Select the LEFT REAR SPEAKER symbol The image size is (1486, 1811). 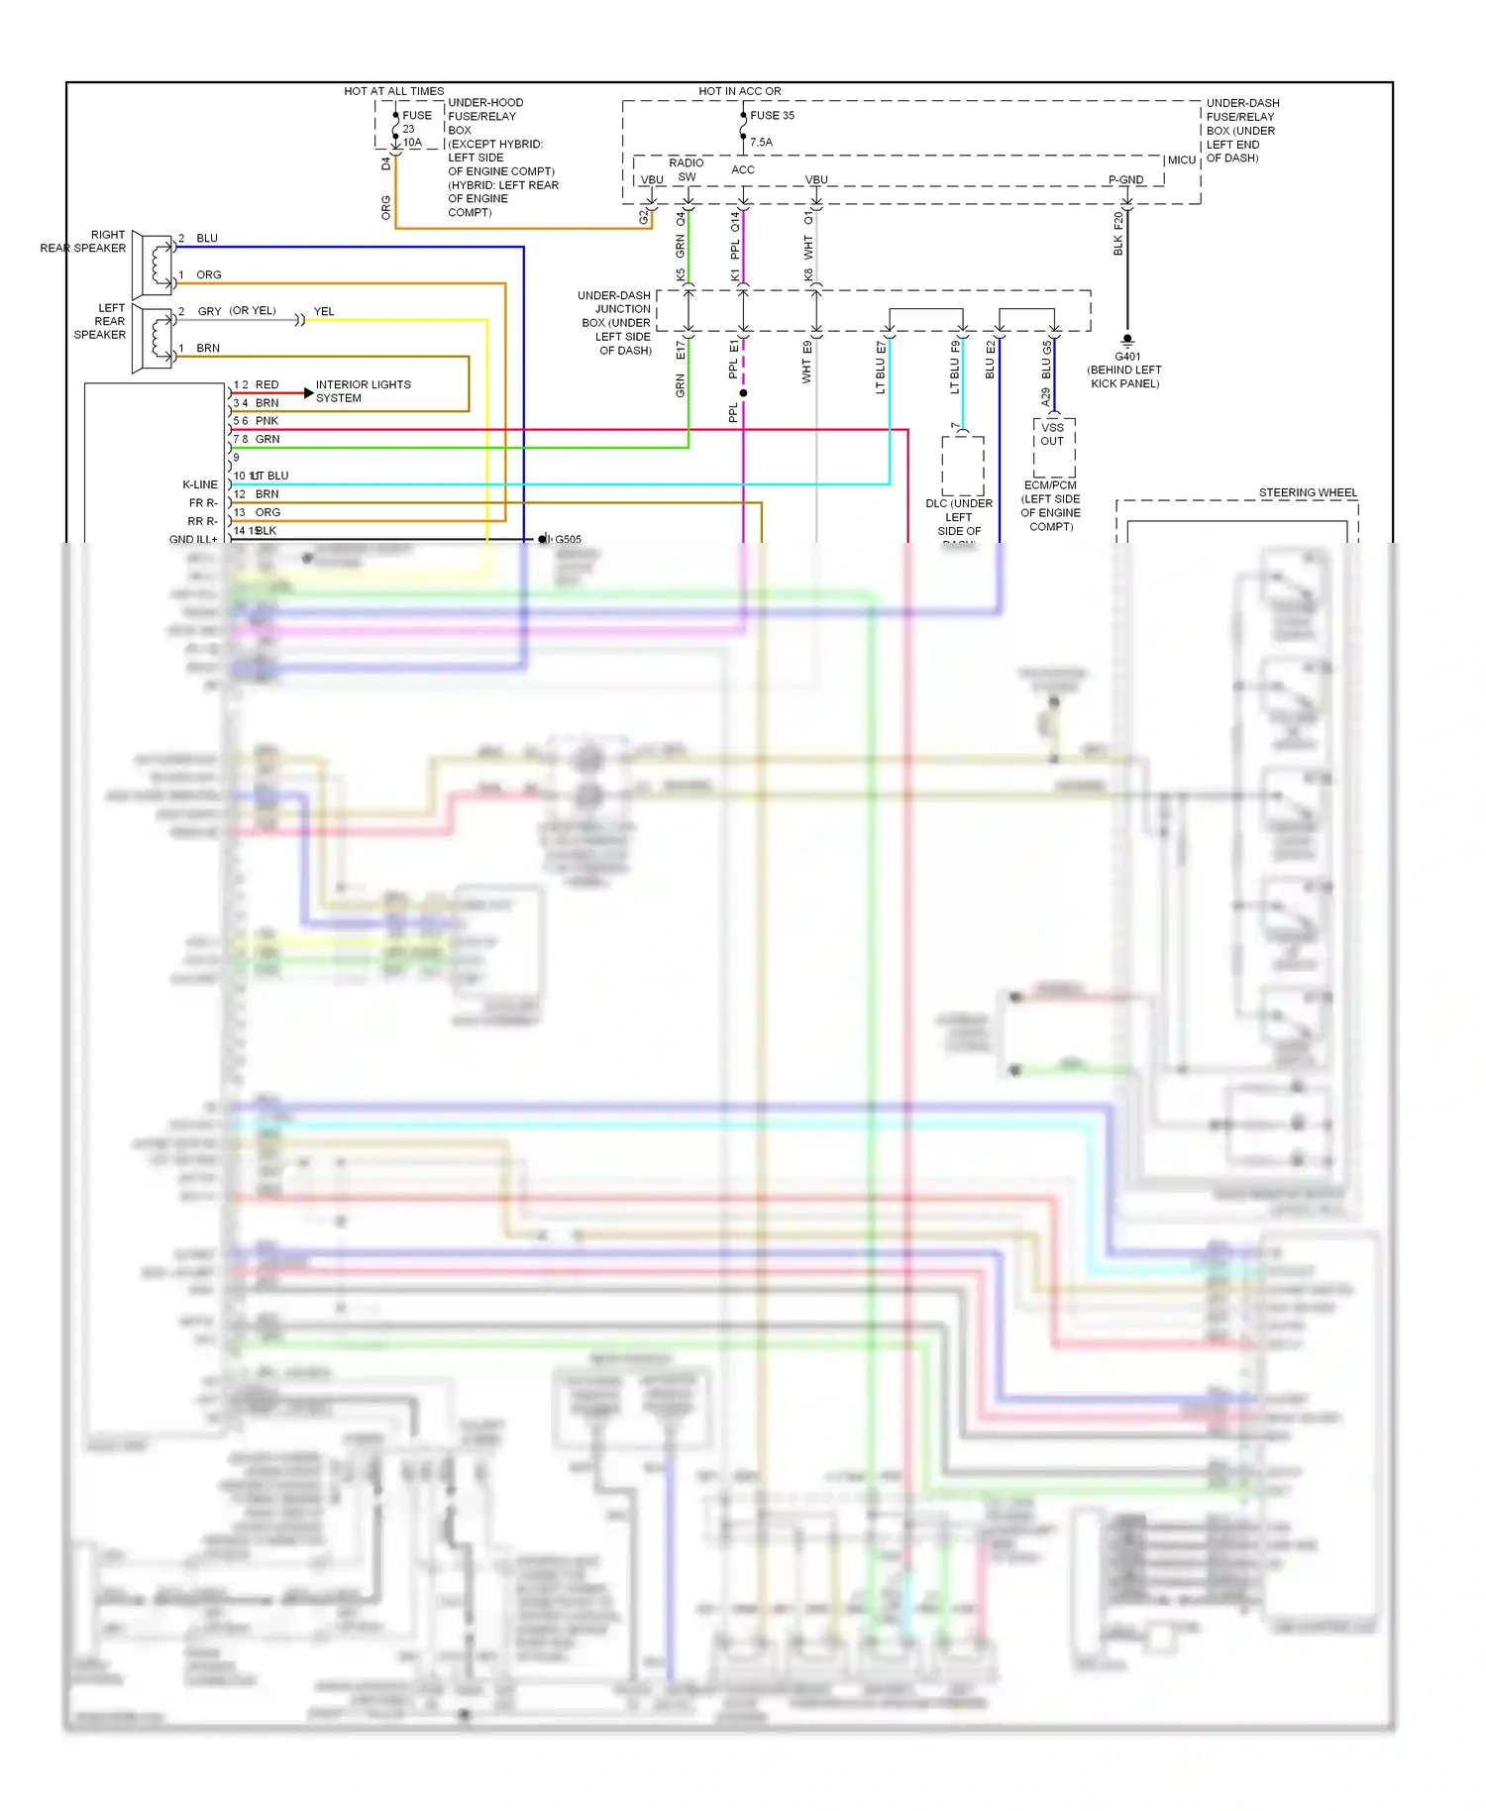pyautogui.click(x=155, y=339)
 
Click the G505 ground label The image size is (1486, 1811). pyautogui.click(x=568, y=539)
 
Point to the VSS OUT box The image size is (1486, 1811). pyautogui.click(x=1052, y=435)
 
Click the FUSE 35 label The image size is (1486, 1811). pyautogui.click(x=772, y=115)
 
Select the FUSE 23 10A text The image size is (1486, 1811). pyautogui.click(x=414, y=129)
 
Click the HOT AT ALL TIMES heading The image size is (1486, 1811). pyautogui.click(x=393, y=91)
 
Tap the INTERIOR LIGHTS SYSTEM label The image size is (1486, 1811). pyautogui.click(x=363, y=391)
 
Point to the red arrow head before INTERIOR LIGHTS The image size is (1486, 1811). pyautogui.click(x=308, y=393)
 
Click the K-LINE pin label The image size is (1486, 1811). pyautogui.click(x=199, y=484)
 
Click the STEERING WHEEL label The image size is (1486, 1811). pyautogui.click(x=1308, y=492)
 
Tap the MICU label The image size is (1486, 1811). pyautogui.click(x=1181, y=160)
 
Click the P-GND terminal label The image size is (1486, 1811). pyautogui.click(x=1125, y=179)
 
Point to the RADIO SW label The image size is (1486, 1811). pyautogui.click(x=686, y=169)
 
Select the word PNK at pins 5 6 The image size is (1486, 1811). pyautogui.click(x=266, y=421)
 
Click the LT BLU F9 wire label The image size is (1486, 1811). pyautogui.click(x=955, y=369)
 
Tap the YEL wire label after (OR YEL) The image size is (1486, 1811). pyautogui.click(x=324, y=311)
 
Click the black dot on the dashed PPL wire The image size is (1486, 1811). pyautogui.click(x=743, y=393)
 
